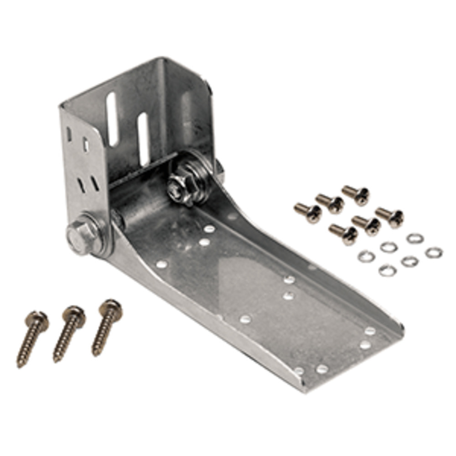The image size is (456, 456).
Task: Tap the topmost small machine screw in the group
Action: tap(356, 194)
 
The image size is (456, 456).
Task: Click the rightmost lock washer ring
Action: tap(434, 252)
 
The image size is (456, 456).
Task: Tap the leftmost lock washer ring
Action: tap(366, 257)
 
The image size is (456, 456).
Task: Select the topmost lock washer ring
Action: tap(415, 238)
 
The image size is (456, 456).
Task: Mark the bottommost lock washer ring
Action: tap(387, 270)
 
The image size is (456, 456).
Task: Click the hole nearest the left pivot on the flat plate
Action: tap(161, 264)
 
